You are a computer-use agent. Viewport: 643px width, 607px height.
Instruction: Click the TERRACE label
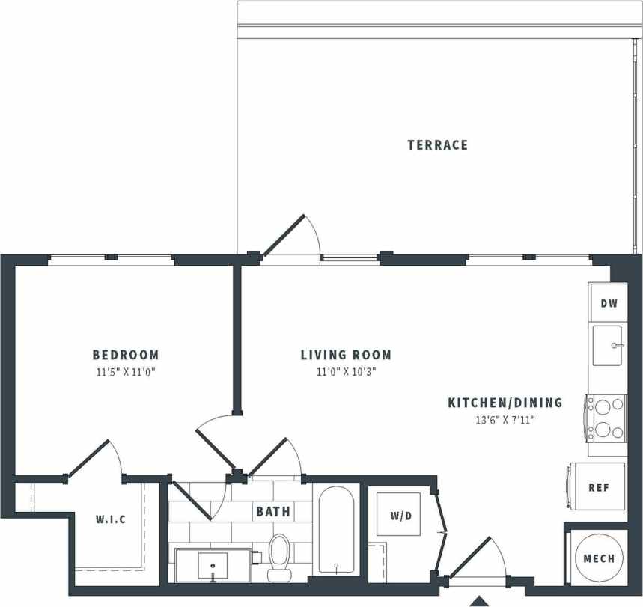click(x=438, y=144)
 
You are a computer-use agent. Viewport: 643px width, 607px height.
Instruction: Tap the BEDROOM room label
click(x=126, y=355)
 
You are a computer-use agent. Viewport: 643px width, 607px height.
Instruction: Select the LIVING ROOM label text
click(x=346, y=355)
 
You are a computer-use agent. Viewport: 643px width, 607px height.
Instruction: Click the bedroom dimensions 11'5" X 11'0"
click(x=126, y=371)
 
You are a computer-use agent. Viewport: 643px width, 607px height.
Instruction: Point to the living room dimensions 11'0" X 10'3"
click(x=345, y=371)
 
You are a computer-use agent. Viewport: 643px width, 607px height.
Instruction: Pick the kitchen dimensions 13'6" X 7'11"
click(x=505, y=420)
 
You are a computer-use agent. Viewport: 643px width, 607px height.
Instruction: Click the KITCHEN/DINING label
click(x=505, y=403)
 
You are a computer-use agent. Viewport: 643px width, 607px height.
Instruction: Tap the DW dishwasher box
click(x=609, y=303)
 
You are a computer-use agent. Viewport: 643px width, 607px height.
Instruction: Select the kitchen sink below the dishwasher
click(x=609, y=345)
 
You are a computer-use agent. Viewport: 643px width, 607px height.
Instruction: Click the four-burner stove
click(x=607, y=418)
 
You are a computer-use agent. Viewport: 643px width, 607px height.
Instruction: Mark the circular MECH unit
click(x=598, y=558)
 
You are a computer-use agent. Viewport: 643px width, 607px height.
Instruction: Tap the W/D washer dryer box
click(x=403, y=515)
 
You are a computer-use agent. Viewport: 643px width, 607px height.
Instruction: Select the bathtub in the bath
click(x=336, y=530)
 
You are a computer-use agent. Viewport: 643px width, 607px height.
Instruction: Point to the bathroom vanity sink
click(x=213, y=564)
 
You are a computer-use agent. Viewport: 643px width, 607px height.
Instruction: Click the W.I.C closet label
click(x=110, y=519)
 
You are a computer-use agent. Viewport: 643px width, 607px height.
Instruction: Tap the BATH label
click(x=273, y=513)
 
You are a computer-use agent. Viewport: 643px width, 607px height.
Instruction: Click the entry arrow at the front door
click(x=478, y=601)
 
